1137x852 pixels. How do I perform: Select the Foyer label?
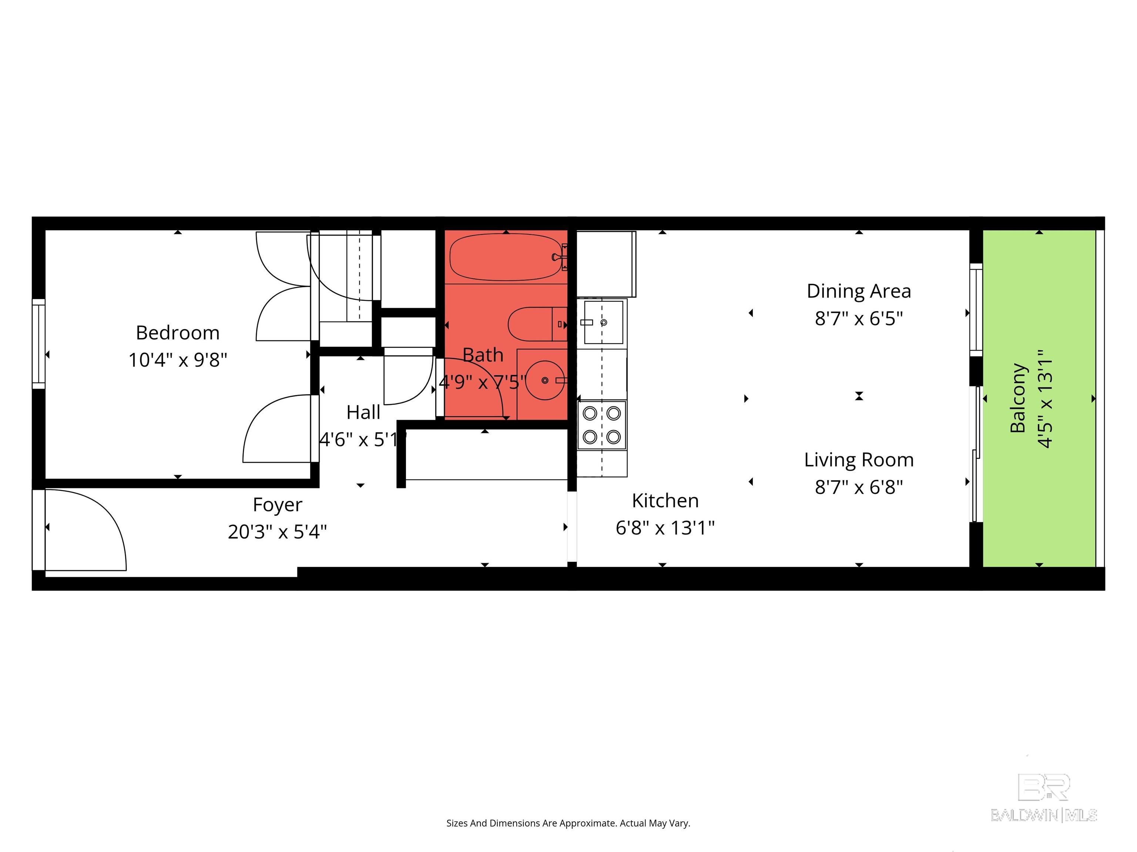(x=277, y=505)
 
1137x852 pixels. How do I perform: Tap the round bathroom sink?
(x=545, y=381)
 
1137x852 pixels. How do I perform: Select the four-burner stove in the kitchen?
(x=601, y=425)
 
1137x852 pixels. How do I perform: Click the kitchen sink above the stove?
(x=603, y=322)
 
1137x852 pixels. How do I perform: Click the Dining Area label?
(x=858, y=291)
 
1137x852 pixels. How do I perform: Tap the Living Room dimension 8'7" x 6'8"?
(x=858, y=487)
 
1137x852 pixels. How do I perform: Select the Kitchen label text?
(x=665, y=501)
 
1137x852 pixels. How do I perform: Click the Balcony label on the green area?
(x=1018, y=398)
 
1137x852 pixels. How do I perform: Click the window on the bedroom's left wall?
(x=38, y=344)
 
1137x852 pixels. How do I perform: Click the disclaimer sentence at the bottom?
(x=568, y=823)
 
